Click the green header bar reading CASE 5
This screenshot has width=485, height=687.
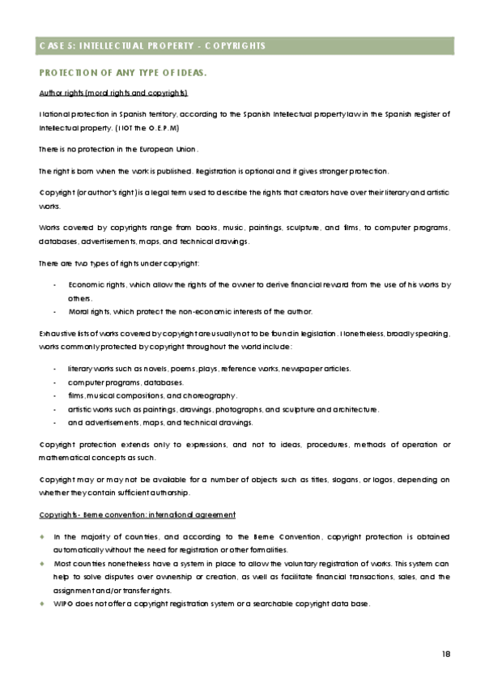click(x=242, y=45)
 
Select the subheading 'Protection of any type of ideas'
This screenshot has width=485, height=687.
click(x=123, y=73)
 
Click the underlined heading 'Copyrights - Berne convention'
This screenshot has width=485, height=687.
click(x=137, y=515)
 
